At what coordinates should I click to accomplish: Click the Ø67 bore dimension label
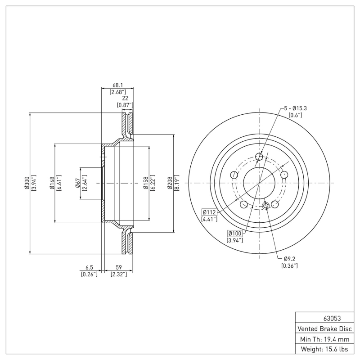click(x=78, y=183)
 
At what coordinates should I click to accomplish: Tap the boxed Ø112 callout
click(x=210, y=212)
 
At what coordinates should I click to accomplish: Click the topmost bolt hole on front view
click(x=259, y=157)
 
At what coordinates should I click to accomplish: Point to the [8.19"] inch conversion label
click(x=177, y=183)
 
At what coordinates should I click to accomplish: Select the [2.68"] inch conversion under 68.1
click(x=117, y=91)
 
